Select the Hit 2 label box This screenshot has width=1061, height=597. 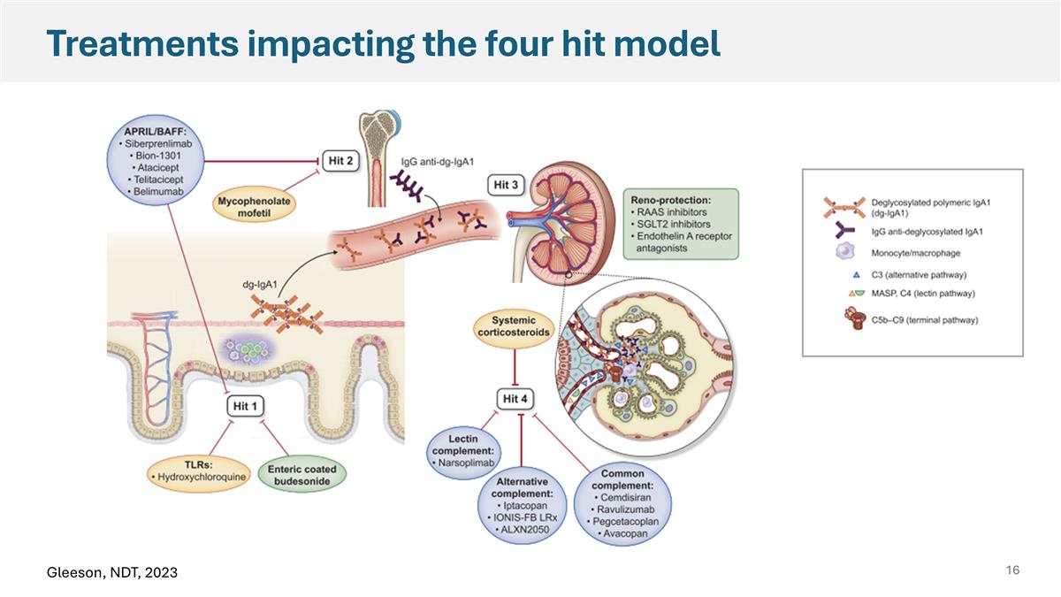(339, 161)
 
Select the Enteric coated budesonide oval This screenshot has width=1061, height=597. (302, 473)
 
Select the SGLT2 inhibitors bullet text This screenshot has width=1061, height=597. (676, 224)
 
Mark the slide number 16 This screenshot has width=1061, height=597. (1012, 570)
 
